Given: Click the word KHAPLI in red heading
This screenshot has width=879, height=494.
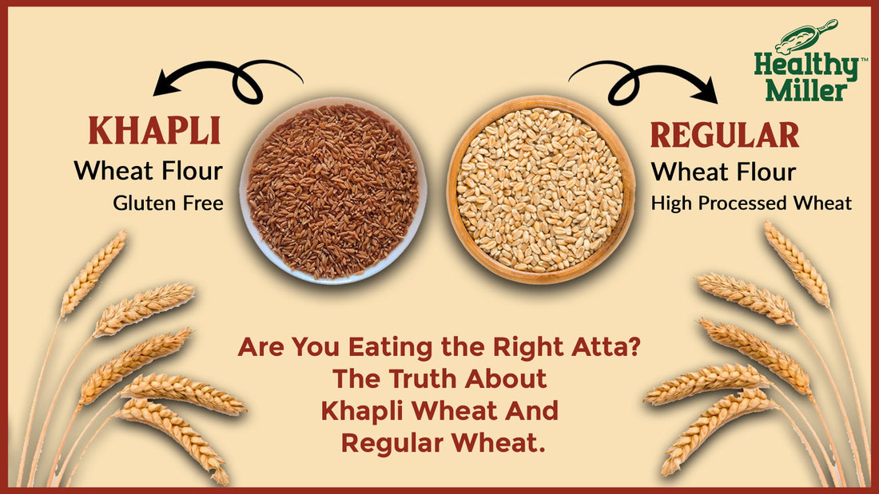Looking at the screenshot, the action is tap(154, 131).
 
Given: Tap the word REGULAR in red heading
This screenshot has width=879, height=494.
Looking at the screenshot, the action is tap(725, 134).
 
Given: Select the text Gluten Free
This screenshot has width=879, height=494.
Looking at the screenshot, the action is tap(168, 203).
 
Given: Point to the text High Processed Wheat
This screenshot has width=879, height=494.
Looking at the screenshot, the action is tap(751, 204).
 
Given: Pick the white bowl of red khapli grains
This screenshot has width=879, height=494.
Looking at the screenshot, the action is tap(333, 191).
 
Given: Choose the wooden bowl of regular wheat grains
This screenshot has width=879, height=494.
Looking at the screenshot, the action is tap(541, 189).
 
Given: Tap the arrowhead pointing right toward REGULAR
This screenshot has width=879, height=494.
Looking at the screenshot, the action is tap(706, 89).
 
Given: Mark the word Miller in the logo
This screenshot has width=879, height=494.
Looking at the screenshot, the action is tap(807, 89).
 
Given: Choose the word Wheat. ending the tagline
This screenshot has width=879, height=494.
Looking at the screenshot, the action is tap(499, 443).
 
